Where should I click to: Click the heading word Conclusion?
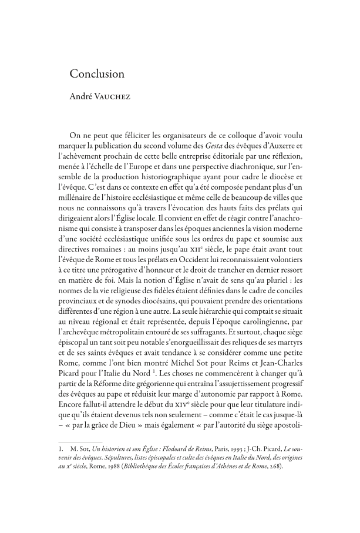[x=97, y=74]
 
